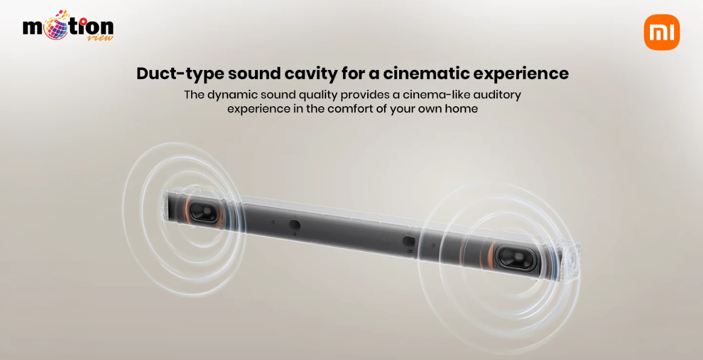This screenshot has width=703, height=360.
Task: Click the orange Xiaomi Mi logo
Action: click(x=662, y=33)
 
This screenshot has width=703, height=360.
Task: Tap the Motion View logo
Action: click(x=68, y=25)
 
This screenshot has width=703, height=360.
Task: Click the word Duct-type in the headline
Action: click(x=179, y=74)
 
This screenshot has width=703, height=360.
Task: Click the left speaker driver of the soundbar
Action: click(x=204, y=211)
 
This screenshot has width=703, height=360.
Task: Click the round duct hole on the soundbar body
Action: click(x=295, y=224)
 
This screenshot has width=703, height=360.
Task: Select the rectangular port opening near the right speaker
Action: click(x=408, y=242)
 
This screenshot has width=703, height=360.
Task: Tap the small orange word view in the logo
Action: click(x=102, y=37)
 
